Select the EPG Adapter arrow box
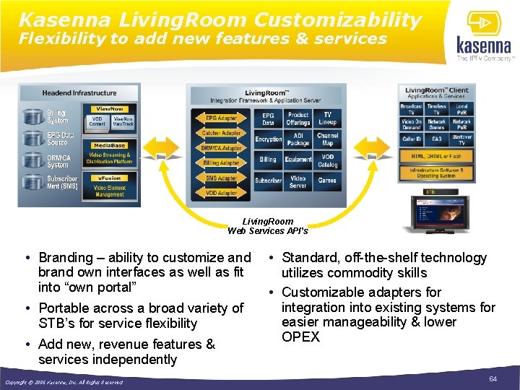pyautogui.click(x=220, y=118)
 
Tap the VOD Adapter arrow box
pyautogui.click(x=220, y=194)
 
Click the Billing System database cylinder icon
pyautogui.click(x=33, y=116)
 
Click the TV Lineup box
pyautogui.click(x=327, y=118)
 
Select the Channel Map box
pyautogui.click(x=327, y=139)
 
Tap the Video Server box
pyautogui.click(x=298, y=181)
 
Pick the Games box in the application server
pyautogui.click(x=327, y=181)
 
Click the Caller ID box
pyautogui.click(x=411, y=139)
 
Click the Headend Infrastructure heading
pyautogui.click(x=79, y=93)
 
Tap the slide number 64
pyautogui.click(x=493, y=379)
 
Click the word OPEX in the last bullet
pyautogui.click(x=300, y=337)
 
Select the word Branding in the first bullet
pyautogui.click(x=66, y=258)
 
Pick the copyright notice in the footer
pyautogui.click(x=64, y=382)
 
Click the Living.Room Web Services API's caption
pyautogui.click(x=268, y=226)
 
